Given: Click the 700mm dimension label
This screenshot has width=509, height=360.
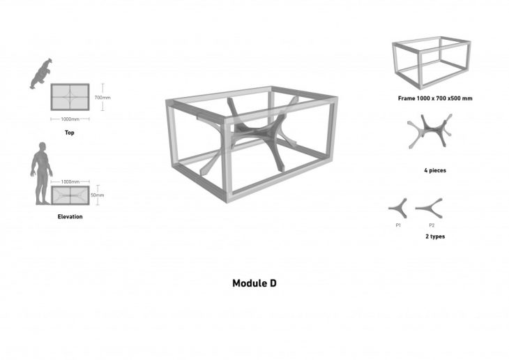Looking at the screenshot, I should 102,98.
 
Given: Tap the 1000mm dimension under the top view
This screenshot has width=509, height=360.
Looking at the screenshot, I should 69,119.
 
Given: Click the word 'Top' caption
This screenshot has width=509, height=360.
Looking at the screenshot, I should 69,133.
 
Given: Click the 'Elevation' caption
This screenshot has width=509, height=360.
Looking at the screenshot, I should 70,217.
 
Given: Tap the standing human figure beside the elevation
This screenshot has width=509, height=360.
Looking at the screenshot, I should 41,174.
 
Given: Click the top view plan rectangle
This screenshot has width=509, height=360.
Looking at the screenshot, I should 69,98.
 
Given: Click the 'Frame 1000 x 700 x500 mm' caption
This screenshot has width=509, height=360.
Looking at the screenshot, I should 435,98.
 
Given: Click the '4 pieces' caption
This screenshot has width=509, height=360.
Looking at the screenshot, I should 434,170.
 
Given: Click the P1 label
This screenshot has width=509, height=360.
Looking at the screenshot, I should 398,225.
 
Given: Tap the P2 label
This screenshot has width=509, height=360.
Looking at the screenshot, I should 432,225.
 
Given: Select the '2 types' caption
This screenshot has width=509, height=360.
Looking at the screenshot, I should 434,237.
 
